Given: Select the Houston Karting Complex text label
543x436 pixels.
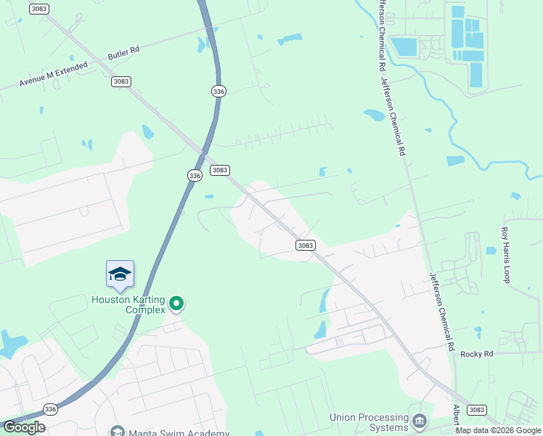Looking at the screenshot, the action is click(125, 304).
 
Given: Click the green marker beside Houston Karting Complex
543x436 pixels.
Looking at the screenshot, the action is click(176, 303).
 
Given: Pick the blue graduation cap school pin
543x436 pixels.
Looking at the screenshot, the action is click(120, 274).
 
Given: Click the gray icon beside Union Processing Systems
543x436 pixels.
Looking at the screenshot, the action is click(419, 421).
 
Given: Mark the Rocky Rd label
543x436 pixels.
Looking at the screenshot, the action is click(476, 354).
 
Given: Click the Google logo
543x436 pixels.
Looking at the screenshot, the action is click(23, 427).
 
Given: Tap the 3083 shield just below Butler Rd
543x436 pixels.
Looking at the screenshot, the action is click(121, 81).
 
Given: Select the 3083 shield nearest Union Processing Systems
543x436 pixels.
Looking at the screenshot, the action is click(476, 410).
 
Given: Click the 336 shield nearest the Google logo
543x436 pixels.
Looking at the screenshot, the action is click(49, 410).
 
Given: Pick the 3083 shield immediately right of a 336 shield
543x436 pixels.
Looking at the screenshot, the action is click(220, 170).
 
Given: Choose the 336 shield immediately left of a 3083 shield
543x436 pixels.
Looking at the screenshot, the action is click(194, 176).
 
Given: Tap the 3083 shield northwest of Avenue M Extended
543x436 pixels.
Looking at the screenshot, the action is click(38, 9).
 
